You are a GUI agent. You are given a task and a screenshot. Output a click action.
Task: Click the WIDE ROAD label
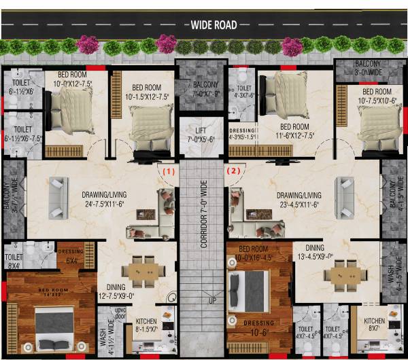(214, 25)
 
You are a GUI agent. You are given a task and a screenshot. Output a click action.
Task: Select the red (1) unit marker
(168, 172)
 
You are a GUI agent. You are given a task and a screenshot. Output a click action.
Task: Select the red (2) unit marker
(235, 172)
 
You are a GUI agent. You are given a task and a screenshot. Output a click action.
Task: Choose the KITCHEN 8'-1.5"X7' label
(147, 325)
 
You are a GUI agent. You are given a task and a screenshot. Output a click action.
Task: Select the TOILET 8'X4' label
(14, 262)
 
